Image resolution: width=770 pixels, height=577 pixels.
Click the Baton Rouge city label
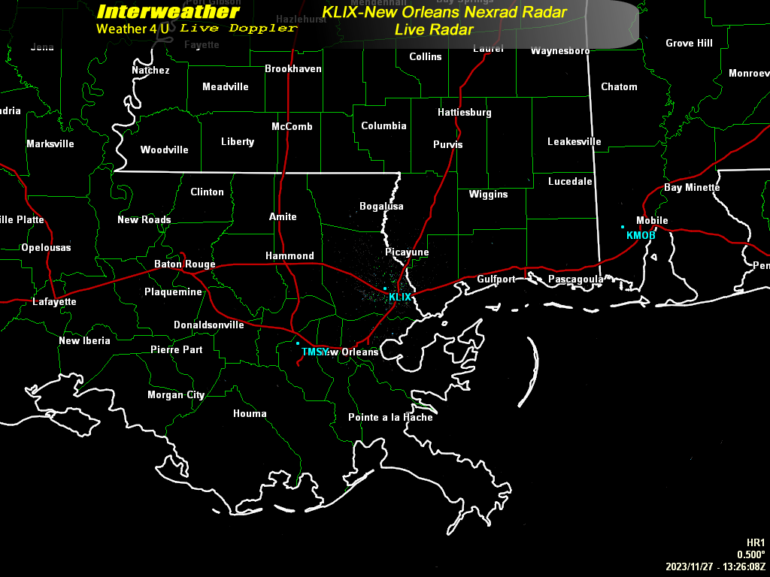point(184,264)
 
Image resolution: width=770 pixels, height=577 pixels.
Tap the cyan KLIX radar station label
point(400,298)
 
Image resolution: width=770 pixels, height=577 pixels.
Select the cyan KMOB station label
point(641,236)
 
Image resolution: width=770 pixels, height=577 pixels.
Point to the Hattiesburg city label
point(465,113)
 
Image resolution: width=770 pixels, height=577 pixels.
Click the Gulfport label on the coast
point(496,279)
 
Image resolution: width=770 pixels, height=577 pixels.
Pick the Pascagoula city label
point(575,279)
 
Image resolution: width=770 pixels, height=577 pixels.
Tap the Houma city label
point(250,414)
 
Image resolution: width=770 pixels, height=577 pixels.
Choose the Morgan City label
point(176,395)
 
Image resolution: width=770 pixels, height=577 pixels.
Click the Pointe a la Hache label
point(390,418)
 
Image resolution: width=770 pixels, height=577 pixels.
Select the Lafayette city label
point(54,302)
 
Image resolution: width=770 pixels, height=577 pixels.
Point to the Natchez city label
point(150,71)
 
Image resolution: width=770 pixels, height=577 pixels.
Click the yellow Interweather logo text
point(168,12)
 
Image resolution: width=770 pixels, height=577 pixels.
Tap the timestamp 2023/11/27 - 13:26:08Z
point(715,566)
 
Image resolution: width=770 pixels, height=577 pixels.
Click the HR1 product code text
point(755,542)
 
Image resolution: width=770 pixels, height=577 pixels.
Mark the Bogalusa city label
point(381,207)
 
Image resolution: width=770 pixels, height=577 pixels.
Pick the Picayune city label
point(407,252)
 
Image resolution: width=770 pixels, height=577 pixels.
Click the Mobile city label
point(652,221)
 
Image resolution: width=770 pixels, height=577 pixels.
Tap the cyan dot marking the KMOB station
point(623,227)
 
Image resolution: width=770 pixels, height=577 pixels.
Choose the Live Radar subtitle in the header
point(434,30)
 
